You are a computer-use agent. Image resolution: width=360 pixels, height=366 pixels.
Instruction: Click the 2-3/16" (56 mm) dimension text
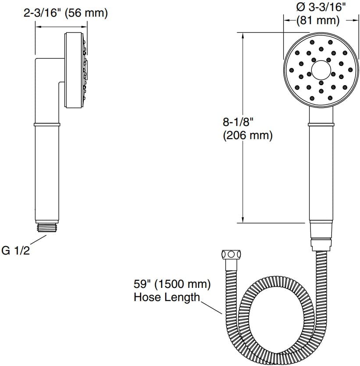pos(65,13)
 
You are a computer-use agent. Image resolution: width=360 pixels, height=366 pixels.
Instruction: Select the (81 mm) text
pos(318,20)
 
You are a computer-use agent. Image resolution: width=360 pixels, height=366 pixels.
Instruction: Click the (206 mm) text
pos(248,136)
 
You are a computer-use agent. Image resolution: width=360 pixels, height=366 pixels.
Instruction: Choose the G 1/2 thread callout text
pos(17,251)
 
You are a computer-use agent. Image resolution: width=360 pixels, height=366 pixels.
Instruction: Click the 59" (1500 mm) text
pos(172,284)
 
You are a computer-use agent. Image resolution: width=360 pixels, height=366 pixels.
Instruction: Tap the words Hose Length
pos(167,298)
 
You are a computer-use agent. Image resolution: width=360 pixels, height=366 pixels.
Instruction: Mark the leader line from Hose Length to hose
pos(211,305)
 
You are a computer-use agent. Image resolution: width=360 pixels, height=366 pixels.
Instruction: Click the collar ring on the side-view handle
pos(46,125)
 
